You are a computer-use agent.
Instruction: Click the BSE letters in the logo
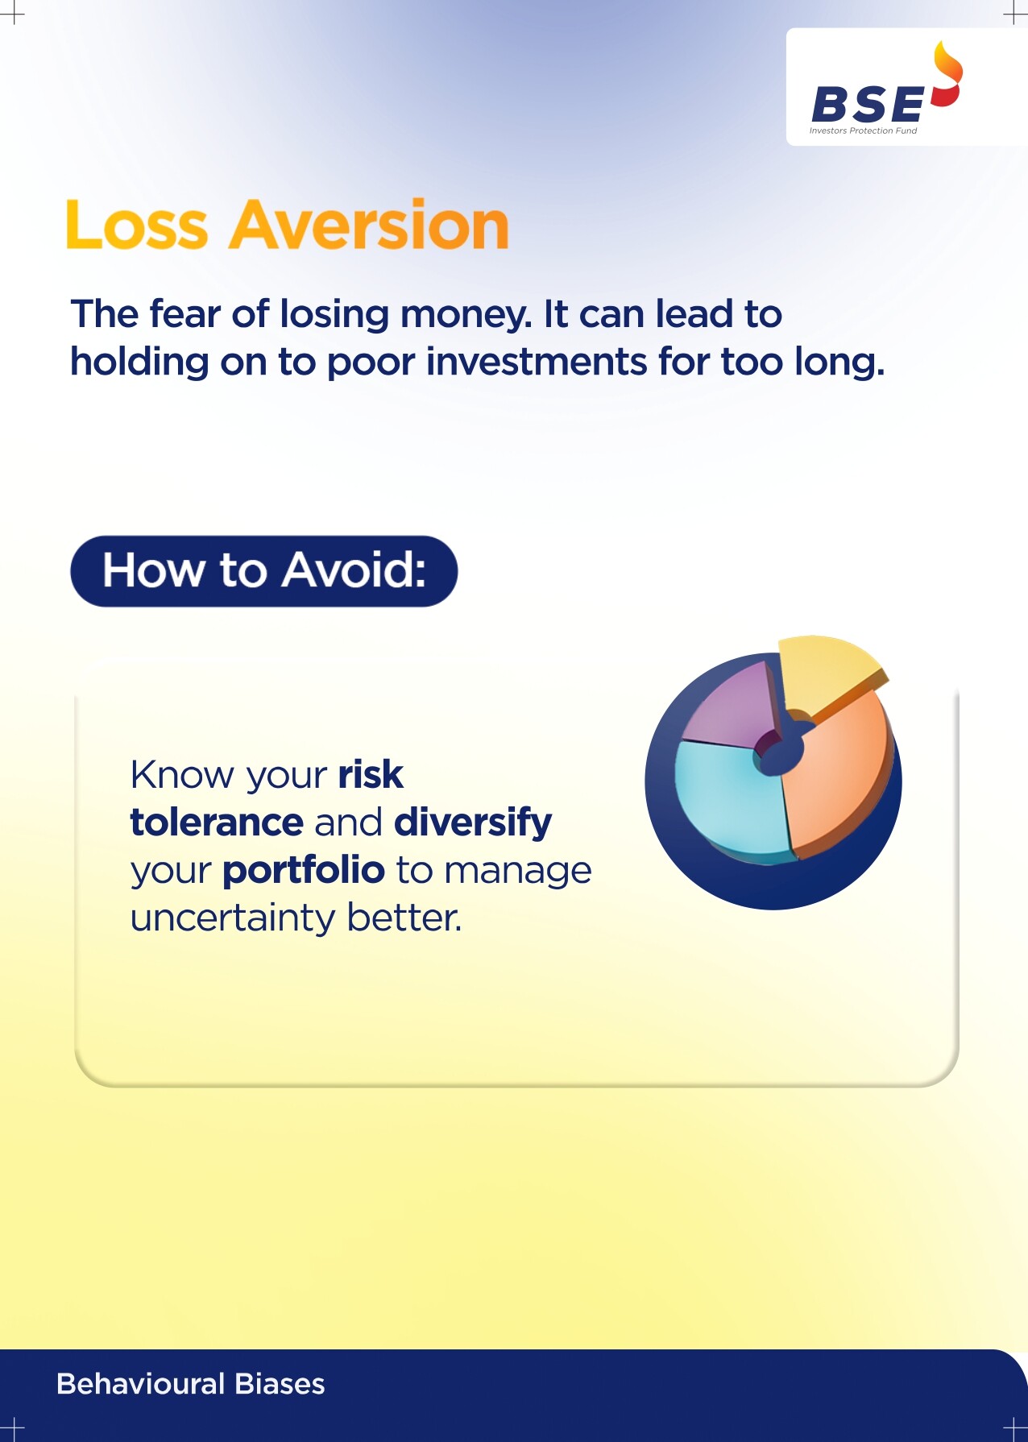coord(868,104)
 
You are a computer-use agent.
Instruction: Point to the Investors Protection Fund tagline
coord(863,131)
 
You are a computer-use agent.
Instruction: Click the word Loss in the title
coord(136,225)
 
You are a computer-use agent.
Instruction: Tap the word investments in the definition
coord(537,362)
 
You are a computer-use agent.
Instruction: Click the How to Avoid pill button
coord(264,571)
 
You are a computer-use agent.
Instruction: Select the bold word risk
coord(371,774)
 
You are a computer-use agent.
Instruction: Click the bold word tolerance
coord(217,823)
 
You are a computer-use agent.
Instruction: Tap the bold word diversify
coord(473,823)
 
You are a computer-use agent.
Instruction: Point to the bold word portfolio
coord(304,871)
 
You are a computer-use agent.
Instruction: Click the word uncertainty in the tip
coord(233,918)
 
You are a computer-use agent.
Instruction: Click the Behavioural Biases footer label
coord(191,1384)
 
